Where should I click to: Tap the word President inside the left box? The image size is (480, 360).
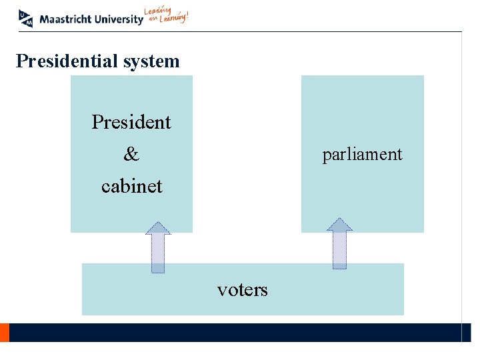(x=131, y=122)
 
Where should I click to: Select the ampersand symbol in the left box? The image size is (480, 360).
(x=131, y=155)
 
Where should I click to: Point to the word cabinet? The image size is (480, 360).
(x=131, y=186)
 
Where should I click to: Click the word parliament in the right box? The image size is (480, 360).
(x=362, y=155)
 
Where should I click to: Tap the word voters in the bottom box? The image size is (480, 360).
(x=242, y=289)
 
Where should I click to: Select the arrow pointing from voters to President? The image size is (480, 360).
(x=158, y=248)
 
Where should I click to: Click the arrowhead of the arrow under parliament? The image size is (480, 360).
(x=339, y=225)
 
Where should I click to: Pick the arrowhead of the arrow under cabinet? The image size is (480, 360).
(x=158, y=228)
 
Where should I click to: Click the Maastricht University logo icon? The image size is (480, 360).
(x=25, y=18)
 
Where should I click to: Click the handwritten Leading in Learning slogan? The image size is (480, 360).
(x=167, y=16)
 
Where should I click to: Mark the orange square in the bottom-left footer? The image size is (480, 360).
(x=4, y=332)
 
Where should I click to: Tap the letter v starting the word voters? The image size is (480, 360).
(x=221, y=290)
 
